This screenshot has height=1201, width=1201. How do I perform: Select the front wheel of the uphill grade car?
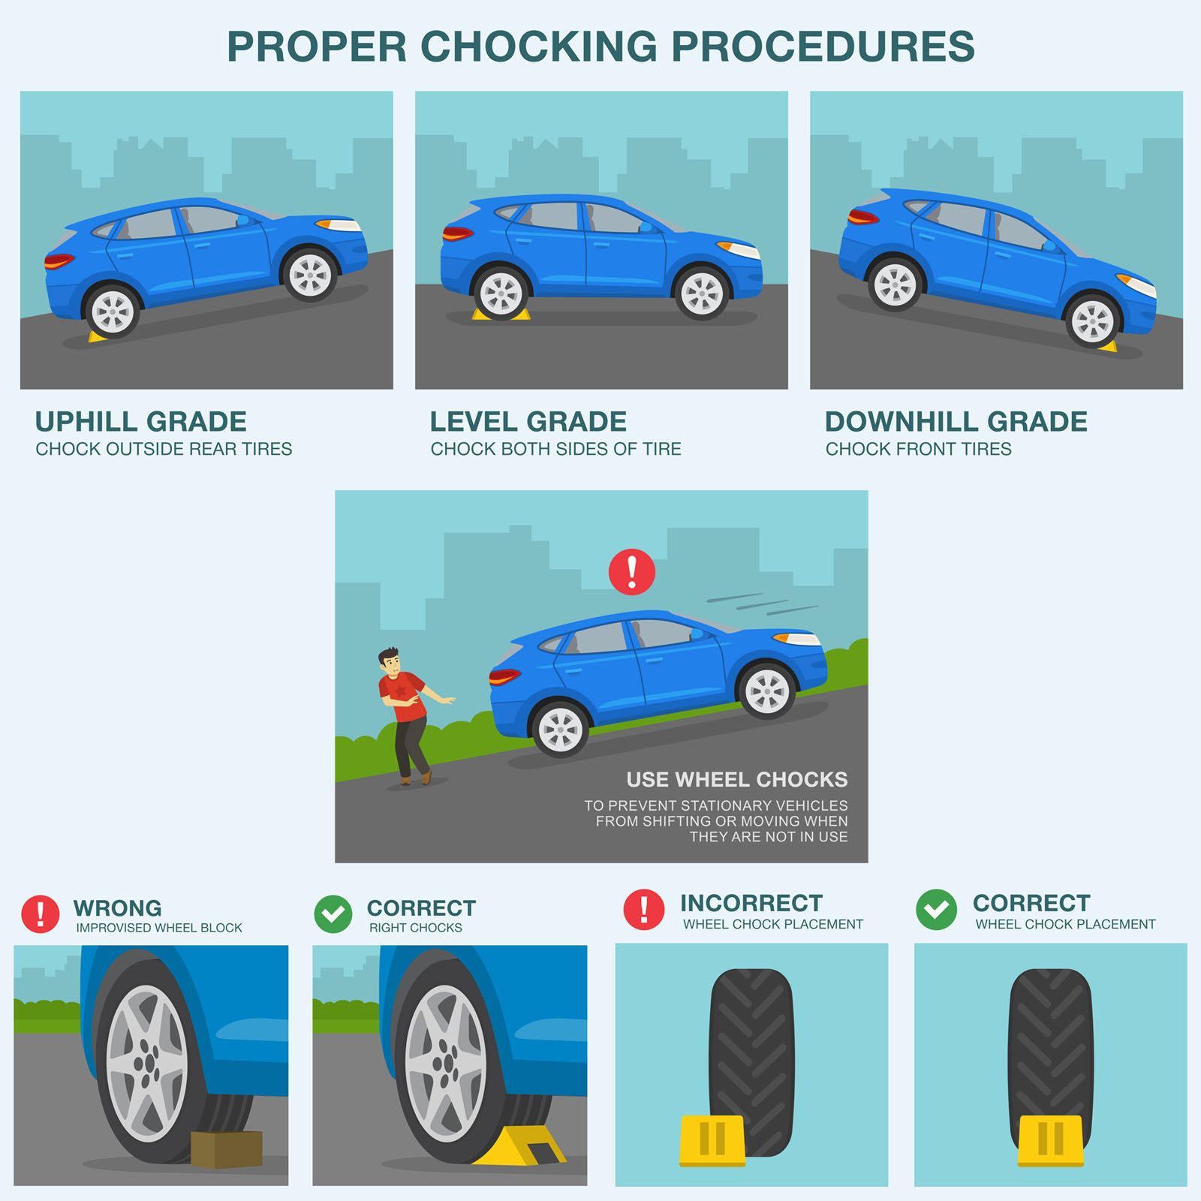click(310, 274)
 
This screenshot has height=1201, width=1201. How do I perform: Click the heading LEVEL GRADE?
click(528, 422)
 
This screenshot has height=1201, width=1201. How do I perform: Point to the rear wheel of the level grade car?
click(501, 291)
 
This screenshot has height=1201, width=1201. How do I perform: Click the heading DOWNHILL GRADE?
click(956, 422)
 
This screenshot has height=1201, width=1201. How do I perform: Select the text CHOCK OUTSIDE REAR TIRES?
click(164, 449)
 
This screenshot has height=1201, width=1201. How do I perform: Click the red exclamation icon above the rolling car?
click(632, 572)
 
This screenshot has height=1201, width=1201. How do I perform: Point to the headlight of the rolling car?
click(797, 638)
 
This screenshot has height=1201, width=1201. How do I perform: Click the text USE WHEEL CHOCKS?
click(737, 780)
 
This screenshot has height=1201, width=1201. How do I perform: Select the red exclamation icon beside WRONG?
click(41, 914)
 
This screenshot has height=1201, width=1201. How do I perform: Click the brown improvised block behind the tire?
click(226, 1149)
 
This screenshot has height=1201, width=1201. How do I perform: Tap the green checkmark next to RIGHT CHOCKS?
click(333, 914)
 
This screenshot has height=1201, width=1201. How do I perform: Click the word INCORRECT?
click(751, 902)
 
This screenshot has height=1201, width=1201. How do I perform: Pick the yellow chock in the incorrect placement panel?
click(712, 1141)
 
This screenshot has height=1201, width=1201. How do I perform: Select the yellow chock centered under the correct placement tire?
click(1051, 1141)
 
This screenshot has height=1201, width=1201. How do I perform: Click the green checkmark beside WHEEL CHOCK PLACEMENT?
click(936, 910)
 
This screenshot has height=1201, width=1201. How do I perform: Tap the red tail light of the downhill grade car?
click(863, 217)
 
